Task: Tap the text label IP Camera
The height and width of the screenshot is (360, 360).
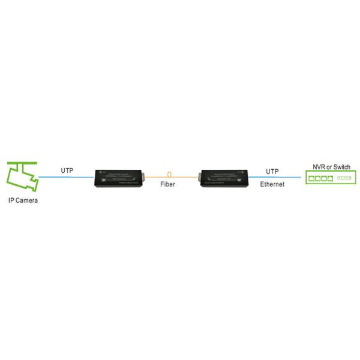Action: click(23, 200)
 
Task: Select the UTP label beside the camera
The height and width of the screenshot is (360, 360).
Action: click(67, 170)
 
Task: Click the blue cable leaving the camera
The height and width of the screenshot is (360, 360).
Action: click(66, 177)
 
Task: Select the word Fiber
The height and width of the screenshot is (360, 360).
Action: click(168, 184)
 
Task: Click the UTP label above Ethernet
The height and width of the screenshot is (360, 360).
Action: click(272, 171)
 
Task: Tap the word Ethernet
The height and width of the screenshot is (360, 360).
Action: click(272, 184)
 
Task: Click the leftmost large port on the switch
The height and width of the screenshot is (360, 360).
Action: click(313, 178)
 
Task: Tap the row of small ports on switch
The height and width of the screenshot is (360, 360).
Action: click(346, 178)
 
